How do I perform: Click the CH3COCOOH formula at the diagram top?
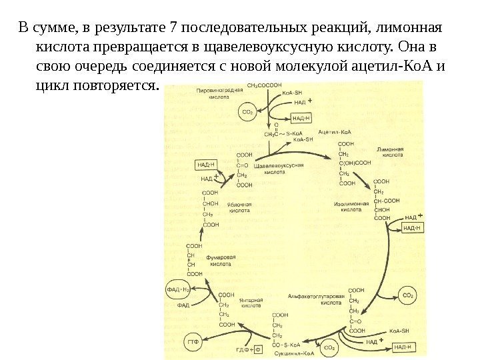(265, 86)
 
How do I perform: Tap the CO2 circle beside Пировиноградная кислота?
(248, 112)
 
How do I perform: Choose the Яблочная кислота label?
(239, 207)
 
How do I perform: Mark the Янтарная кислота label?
(251, 303)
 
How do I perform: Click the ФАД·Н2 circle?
(178, 289)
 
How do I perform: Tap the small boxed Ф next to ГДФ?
(257, 349)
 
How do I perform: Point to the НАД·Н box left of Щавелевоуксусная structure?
(207, 164)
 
